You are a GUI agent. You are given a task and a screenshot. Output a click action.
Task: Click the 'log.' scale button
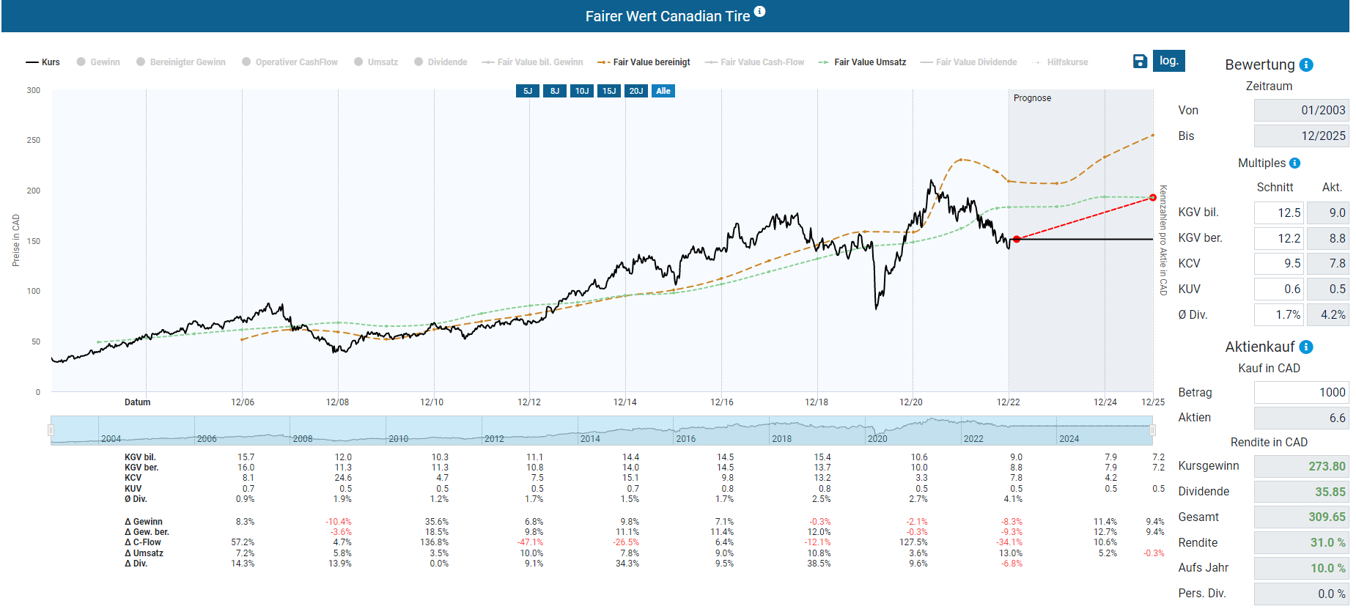pos(1168,61)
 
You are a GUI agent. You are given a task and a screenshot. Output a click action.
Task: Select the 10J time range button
pos(582,91)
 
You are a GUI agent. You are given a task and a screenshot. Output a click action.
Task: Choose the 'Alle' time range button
pos(663,91)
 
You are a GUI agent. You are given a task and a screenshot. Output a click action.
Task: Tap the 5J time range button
pos(528,91)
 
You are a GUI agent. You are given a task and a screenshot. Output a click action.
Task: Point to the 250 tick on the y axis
pos(34,140)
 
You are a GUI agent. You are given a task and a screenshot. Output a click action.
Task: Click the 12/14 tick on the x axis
pos(625,402)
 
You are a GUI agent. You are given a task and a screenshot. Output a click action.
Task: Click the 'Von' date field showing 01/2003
pos(1301,111)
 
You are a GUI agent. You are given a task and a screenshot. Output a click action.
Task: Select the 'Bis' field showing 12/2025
pos(1301,136)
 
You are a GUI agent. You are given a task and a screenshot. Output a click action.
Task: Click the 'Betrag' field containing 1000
pos(1301,393)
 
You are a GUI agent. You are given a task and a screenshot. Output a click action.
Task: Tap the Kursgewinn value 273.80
pos(1301,466)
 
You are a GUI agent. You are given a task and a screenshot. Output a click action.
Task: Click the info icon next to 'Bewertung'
pos(1306,65)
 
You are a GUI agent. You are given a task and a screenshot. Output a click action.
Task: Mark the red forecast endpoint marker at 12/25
pos(1153,198)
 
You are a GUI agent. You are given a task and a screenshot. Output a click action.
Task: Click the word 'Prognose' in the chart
pos(1032,98)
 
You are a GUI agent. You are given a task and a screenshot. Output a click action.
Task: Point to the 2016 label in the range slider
pos(686,439)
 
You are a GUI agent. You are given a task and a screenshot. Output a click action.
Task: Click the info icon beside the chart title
pos(760,12)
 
